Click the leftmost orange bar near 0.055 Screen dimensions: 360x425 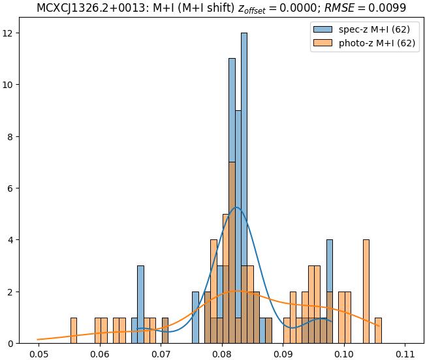(x=73, y=331)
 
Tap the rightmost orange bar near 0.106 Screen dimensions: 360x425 (x=378, y=331)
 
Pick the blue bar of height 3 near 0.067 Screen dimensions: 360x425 (x=140, y=305)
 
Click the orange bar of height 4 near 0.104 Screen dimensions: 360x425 (x=366, y=292)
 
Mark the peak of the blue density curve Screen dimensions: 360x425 (x=236, y=207)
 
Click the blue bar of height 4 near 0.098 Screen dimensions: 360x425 (x=330, y=292)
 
